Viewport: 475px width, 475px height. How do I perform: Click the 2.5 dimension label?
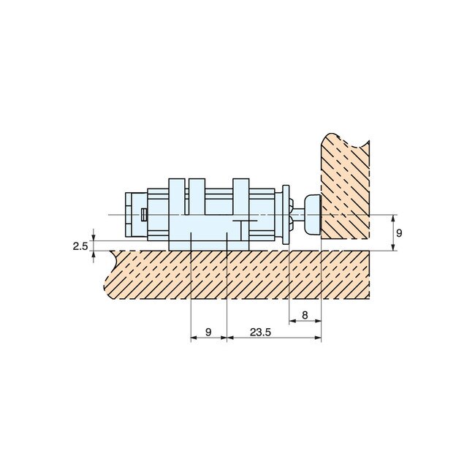point(80,246)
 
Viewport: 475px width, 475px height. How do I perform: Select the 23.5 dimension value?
point(260,332)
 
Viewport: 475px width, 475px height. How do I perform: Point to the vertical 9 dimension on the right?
point(399,232)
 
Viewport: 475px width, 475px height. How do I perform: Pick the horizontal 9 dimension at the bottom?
point(208,332)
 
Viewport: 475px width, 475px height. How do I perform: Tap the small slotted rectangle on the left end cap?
point(144,214)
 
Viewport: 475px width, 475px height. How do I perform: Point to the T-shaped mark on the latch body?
point(243,222)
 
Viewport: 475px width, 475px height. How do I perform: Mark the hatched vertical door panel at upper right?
point(345,186)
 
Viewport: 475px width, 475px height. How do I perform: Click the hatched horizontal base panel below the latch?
point(241,274)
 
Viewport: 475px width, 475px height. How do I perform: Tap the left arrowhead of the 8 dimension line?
point(292,321)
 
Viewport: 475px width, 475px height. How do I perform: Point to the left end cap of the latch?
point(132,214)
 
